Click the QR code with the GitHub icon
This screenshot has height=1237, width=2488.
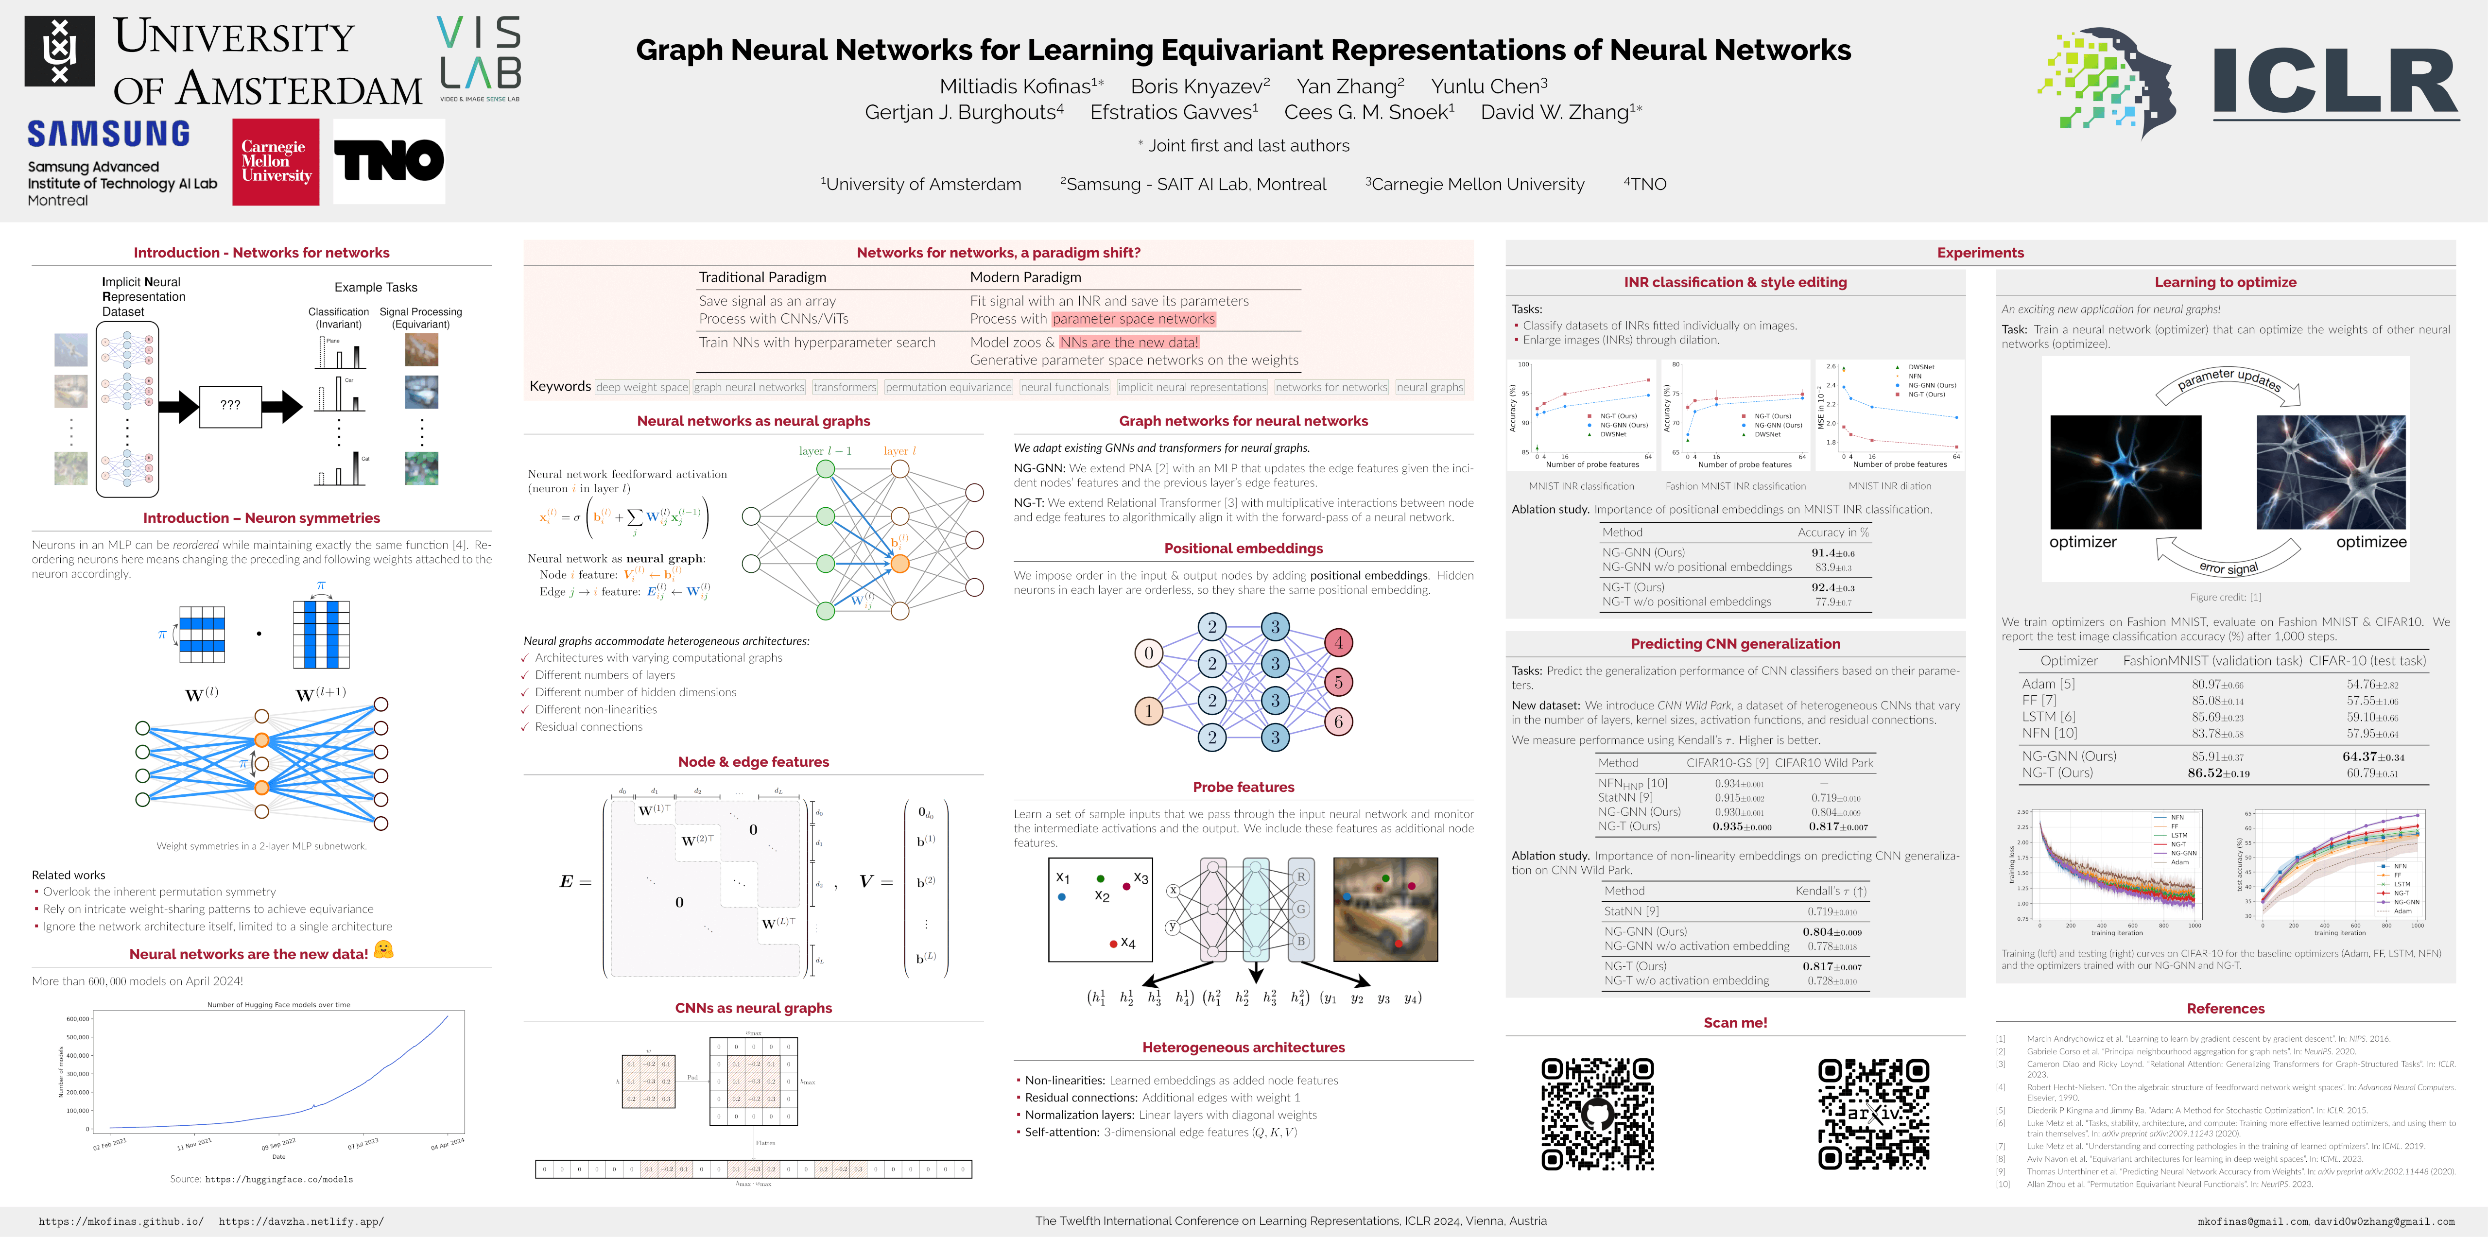1596,1114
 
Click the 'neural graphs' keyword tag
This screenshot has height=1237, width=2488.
1430,387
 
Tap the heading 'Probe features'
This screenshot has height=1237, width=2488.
1243,787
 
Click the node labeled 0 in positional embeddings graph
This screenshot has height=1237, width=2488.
1148,654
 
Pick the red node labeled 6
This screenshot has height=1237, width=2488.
1339,722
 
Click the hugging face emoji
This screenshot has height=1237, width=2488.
383,950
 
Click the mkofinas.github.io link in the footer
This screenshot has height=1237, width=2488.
121,1221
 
